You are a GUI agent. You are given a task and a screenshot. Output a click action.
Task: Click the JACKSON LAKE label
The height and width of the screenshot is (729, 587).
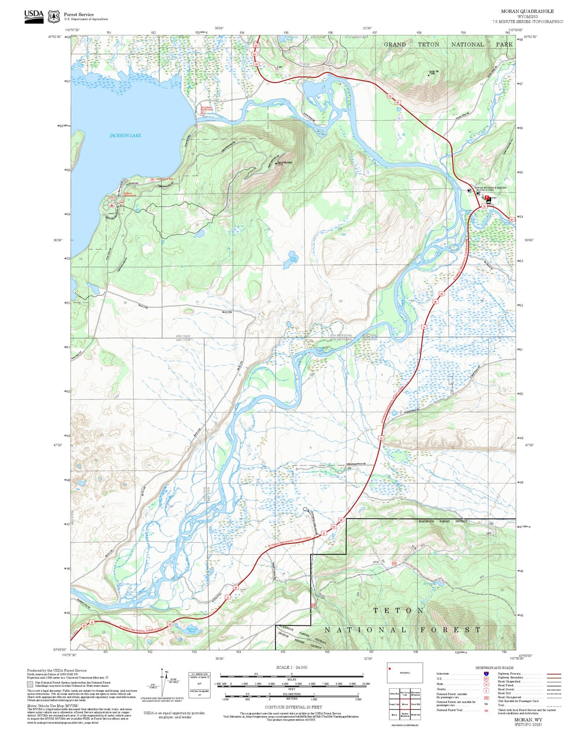pyautogui.click(x=125, y=135)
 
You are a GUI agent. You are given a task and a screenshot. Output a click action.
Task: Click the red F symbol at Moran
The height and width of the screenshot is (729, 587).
pyautogui.click(x=487, y=197)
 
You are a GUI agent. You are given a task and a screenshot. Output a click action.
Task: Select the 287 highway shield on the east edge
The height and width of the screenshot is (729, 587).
pyautogui.click(x=511, y=219)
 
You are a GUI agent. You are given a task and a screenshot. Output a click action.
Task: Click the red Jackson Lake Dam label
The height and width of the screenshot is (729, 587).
pyautogui.click(x=206, y=108)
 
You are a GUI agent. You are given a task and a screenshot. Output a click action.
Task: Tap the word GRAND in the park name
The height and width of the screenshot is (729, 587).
pyautogui.click(x=394, y=45)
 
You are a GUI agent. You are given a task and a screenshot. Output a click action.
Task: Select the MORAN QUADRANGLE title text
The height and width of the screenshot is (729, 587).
pyautogui.click(x=528, y=11)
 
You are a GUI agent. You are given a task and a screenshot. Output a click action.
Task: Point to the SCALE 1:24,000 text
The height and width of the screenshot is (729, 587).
pyautogui.click(x=291, y=667)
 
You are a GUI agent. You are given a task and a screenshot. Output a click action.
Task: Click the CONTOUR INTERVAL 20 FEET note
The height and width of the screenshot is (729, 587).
pyautogui.click(x=293, y=707)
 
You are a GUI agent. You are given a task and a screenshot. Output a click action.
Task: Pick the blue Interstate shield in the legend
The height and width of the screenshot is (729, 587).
pyautogui.click(x=486, y=673)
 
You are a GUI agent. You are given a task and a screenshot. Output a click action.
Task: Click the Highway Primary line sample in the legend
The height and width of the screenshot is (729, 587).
pyautogui.click(x=554, y=674)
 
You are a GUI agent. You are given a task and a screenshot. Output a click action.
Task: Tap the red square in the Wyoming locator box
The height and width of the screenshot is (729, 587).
pyautogui.click(x=390, y=668)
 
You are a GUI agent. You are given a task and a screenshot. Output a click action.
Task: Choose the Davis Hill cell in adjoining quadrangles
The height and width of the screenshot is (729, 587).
pyautogui.click(x=415, y=704)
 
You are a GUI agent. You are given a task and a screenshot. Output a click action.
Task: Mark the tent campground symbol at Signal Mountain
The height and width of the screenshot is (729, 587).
pyautogui.click(x=112, y=206)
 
